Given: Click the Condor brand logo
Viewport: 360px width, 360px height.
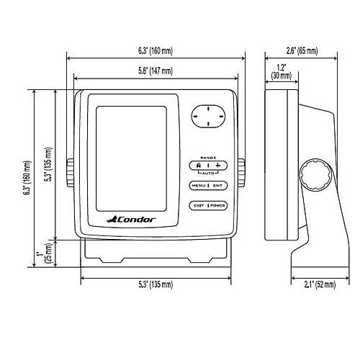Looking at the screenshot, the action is (x=131, y=220).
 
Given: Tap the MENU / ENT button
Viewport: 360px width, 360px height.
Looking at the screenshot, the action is (x=208, y=186).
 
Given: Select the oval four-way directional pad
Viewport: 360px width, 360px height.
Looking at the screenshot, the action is (x=208, y=117).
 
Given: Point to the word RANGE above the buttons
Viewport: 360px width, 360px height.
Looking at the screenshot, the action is (x=208, y=158).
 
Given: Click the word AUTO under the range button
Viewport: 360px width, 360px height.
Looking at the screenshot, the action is (x=208, y=173).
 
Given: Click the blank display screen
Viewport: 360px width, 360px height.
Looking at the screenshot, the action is (x=131, y=159).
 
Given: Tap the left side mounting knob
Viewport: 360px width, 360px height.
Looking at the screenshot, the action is (x=70, y=172).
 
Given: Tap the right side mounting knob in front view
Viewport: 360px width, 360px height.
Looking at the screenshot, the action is (x=241, y=172).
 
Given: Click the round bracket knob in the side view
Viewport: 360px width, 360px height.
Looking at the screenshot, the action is (x=315, y=176).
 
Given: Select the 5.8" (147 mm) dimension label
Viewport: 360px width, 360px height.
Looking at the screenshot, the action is (x=156, y=71).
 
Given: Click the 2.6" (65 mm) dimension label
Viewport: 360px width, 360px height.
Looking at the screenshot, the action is (x=302, y=51).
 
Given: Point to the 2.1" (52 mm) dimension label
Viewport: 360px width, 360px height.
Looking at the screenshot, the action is (x=320, y=284).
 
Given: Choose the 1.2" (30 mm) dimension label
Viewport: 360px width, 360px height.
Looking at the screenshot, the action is (x=282, y=71).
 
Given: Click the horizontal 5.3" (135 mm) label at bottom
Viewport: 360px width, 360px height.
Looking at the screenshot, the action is (x=156, y=284).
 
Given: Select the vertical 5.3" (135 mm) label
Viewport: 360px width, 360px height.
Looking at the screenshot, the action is (x=48, y=164).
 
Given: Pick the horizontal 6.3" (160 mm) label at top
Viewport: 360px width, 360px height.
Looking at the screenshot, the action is (x=156, y=51).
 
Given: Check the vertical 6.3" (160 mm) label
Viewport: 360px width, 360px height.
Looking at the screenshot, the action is (x=27, y=178).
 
